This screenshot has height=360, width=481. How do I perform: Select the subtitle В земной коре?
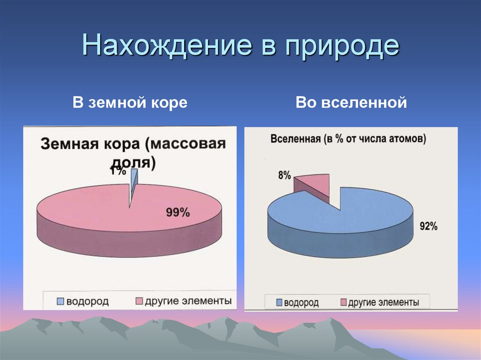(130, 103)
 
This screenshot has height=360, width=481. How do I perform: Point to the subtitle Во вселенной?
(351, 103)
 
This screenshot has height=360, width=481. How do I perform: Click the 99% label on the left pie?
(178, 213)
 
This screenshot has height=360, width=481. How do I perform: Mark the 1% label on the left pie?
(118, 171)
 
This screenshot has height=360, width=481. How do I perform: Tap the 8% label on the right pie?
(284, 176)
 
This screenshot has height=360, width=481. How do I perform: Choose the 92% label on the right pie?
(428, 226)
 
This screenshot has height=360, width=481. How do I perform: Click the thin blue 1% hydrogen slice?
(134, 181)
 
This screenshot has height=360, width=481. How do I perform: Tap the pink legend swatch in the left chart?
(139, 301)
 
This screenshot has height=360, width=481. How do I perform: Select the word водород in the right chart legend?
(301, 303)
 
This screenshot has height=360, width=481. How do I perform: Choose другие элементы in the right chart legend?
(383, 302)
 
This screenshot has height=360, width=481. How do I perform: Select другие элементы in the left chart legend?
(188, 301)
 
